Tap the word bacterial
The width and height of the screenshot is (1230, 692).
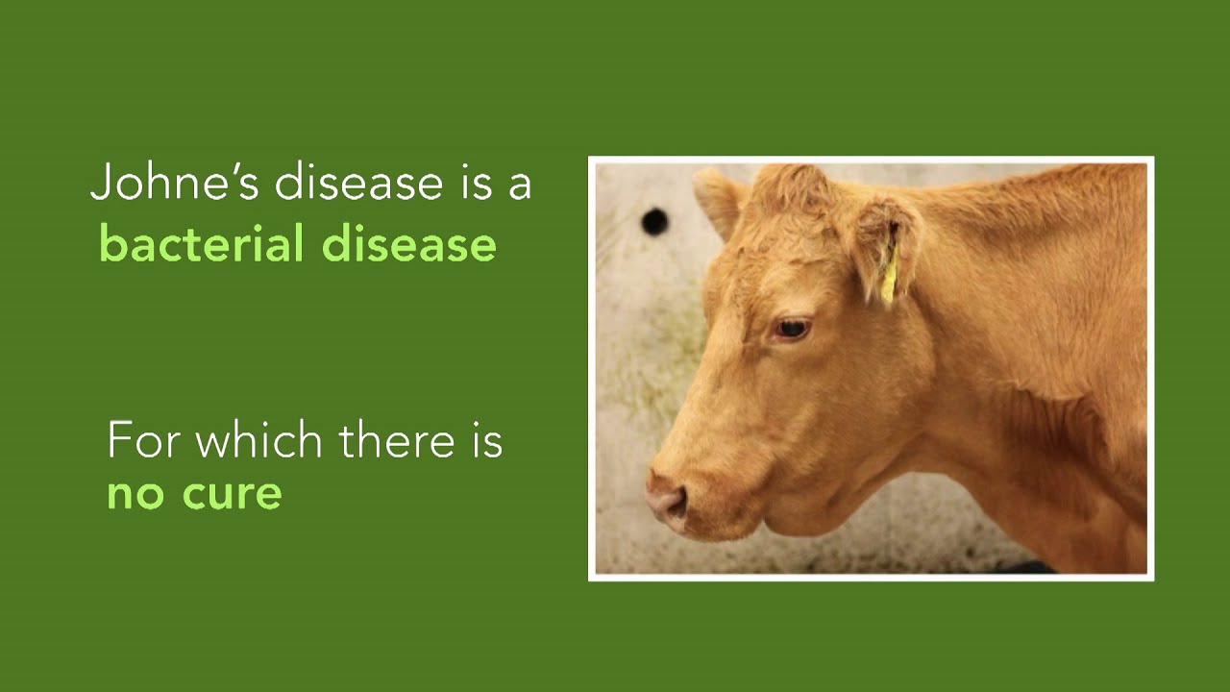click(201, 244)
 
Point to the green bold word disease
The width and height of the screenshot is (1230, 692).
click(408, 244)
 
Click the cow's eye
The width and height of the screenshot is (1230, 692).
click(792, 330)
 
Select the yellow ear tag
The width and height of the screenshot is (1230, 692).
click(890, 279)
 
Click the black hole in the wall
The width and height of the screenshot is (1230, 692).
click(654, 222)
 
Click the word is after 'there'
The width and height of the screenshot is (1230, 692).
click(486, 440)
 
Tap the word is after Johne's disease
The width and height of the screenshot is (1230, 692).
click(475, 183)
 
